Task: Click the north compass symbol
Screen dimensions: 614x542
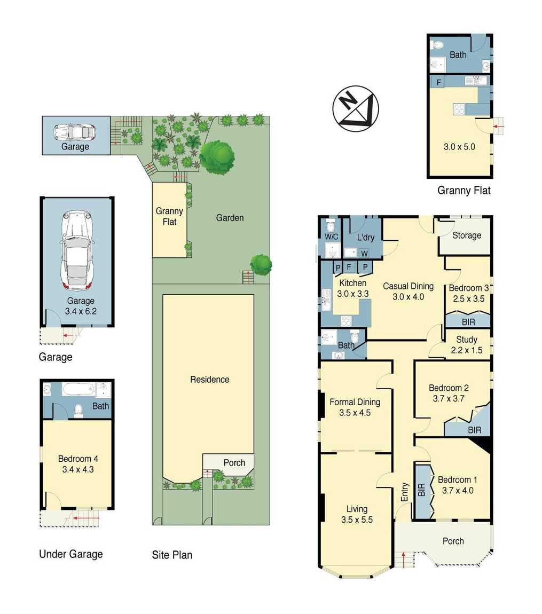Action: coord(355,108)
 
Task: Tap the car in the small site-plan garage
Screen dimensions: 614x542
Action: coord(75,131)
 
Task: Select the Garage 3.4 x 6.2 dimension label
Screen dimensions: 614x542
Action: coord(80,306)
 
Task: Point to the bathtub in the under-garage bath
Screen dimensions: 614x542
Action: coord(78,389)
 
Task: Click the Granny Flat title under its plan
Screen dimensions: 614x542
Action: coord(464,190)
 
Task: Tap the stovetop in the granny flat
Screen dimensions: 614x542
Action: coord(458,109)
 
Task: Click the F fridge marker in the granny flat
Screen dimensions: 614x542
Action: coord(438,82)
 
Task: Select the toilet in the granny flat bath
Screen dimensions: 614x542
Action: coord(438,45)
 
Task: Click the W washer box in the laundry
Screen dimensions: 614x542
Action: coord(364,253)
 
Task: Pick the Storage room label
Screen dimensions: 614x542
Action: coord(466,235)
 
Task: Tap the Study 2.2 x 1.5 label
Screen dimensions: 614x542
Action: coord(466,345)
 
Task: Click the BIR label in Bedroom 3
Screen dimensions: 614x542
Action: coord(468,322)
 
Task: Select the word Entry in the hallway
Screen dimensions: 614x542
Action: coord(404,492)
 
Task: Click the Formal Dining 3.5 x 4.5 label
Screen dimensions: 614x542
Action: coord(355,407)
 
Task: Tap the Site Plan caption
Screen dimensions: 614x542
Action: coord(172,555)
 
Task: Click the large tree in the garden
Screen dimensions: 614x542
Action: coord(217,156)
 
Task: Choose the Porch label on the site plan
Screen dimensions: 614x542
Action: coord(234,463)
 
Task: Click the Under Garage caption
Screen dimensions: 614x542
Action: coord(70,554)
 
